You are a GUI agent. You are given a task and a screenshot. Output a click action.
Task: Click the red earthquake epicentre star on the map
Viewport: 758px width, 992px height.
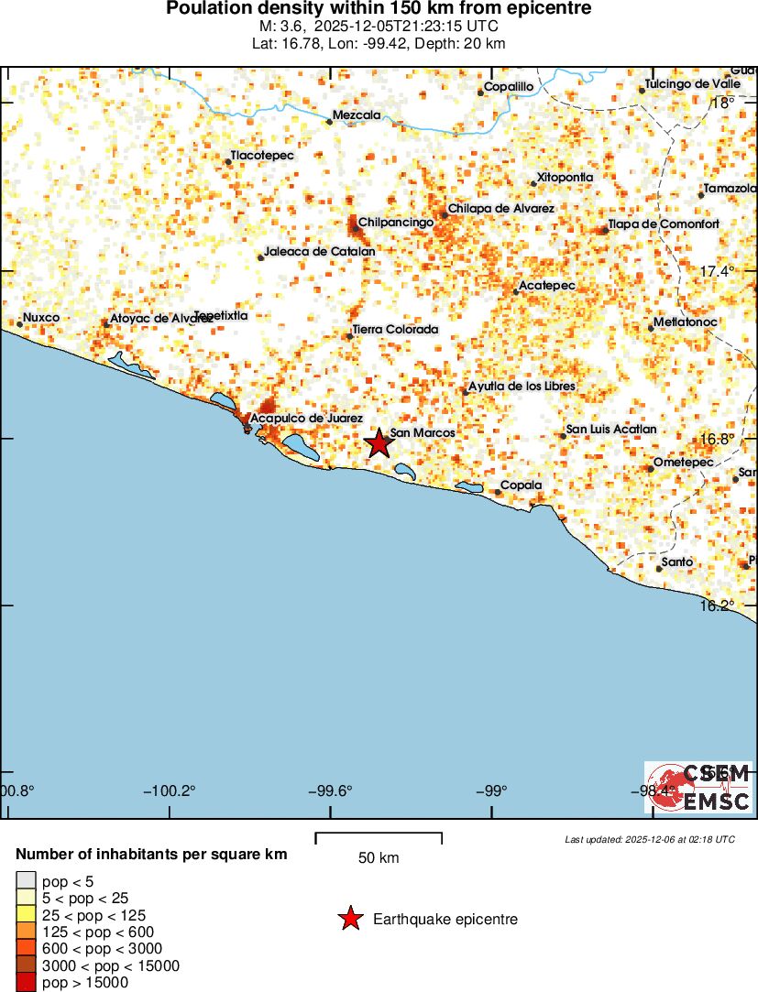coord(379,443)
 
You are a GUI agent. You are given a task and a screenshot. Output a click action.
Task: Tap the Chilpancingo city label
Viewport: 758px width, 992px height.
coord(395,223)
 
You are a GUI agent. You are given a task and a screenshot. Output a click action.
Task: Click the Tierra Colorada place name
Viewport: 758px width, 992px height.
coord(395,330)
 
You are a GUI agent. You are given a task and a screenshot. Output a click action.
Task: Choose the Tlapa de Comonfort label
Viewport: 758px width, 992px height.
coord(664,224)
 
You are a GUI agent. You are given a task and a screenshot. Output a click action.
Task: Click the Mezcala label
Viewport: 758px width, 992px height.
coord(357,115)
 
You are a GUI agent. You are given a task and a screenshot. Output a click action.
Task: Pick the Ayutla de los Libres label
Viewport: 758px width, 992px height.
coord(522,387)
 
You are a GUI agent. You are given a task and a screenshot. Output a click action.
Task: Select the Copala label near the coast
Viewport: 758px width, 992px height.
coord(521,485)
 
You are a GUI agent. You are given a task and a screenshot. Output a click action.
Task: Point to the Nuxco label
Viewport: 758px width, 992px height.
coord(41,318)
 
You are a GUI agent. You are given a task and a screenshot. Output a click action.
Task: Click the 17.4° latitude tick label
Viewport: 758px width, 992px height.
coord(718,271)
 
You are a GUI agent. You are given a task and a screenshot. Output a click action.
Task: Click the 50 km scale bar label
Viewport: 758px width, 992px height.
coord(379,858)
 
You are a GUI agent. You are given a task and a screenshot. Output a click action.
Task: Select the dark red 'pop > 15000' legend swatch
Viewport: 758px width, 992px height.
coord(26,983)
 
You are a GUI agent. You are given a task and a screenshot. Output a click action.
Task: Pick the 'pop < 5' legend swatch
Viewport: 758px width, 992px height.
coord(26,881)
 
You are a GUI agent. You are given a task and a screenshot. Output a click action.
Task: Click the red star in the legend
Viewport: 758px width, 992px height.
coord(350,919)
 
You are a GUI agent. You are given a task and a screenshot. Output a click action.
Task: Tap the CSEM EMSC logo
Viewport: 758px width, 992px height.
coord(699,788)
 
